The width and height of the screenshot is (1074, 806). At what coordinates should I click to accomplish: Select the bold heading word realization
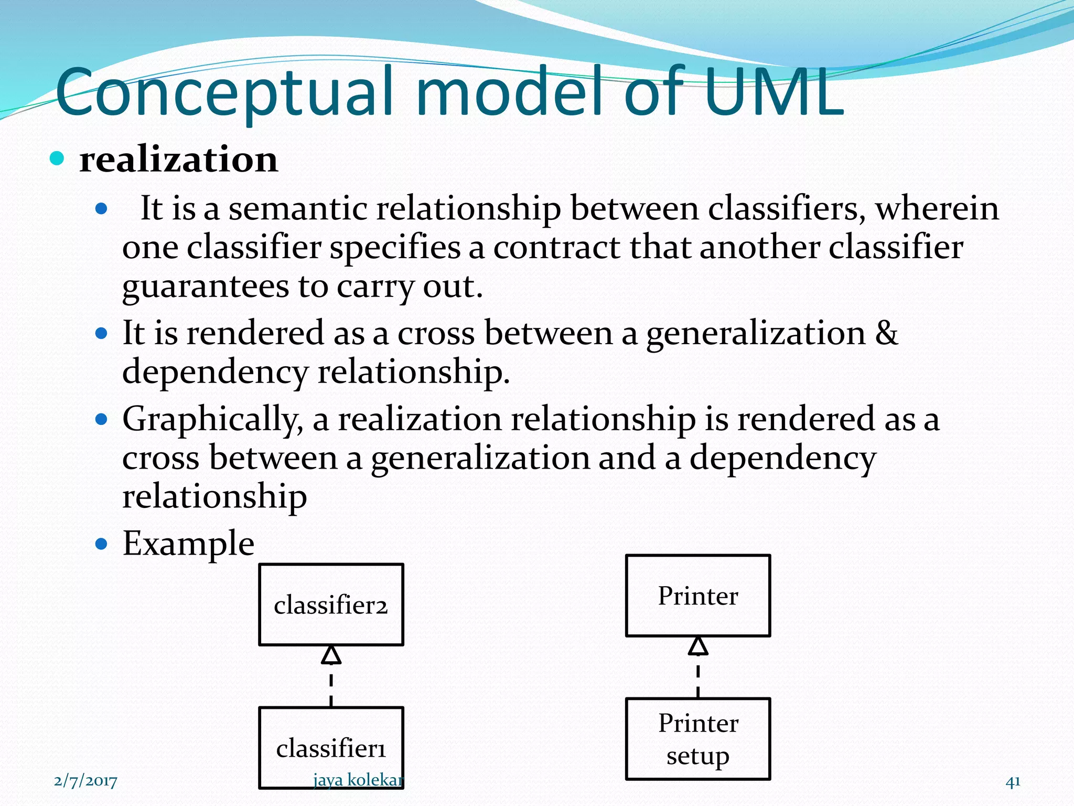click(178, 160)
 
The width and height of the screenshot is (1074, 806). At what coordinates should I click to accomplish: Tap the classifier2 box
click(331, 604)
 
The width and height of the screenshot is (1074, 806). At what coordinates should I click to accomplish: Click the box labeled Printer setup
click(698, 739)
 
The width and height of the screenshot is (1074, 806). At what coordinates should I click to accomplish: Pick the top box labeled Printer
click(698, 596)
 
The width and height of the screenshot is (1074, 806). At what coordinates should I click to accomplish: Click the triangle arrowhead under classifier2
click(331, 655)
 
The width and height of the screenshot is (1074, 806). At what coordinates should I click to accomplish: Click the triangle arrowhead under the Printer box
click(698, 646)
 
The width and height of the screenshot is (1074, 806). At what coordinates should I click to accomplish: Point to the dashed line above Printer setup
click(698, 680)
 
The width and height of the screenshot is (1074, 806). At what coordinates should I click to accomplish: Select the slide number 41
click(1013, 781)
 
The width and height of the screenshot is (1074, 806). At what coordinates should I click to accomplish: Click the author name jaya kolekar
click(358, 780)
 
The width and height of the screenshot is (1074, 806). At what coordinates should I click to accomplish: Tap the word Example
click(188, 544)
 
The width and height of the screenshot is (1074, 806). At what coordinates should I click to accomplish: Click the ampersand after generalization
click(886, 333)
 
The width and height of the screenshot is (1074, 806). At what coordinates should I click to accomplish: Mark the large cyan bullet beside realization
click(57, 158)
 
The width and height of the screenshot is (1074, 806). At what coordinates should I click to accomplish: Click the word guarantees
click(205, 287)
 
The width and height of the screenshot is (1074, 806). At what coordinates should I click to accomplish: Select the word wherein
click(937, 208)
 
